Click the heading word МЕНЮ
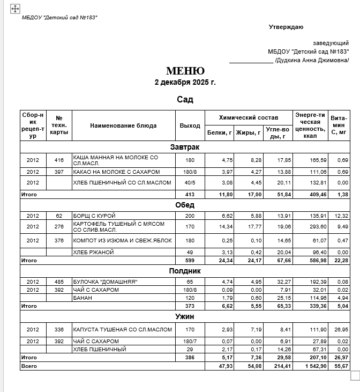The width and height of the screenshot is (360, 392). tap(185, 71)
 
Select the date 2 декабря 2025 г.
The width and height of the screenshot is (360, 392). tap(185, 83)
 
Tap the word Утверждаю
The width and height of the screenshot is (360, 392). tap(286, 27)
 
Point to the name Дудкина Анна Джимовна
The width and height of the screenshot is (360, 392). tap(312, 60)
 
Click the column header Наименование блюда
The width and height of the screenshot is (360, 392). tap(123, 125)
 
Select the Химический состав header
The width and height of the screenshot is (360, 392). tap(249, 117)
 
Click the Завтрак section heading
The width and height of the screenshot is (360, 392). tap(185, 146)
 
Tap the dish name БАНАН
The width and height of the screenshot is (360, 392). tap(81, 298)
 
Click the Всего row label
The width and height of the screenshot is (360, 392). tap(28, 366)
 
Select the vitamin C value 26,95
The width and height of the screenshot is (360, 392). tap(341, 330)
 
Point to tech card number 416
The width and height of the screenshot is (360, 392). tap(59, 160)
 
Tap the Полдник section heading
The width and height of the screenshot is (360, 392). tap(185, 271)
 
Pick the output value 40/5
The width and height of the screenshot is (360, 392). tap(190, 183)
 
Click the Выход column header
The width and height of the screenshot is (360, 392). tap(190, 125)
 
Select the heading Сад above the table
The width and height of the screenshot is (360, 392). tap(185, 99)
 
